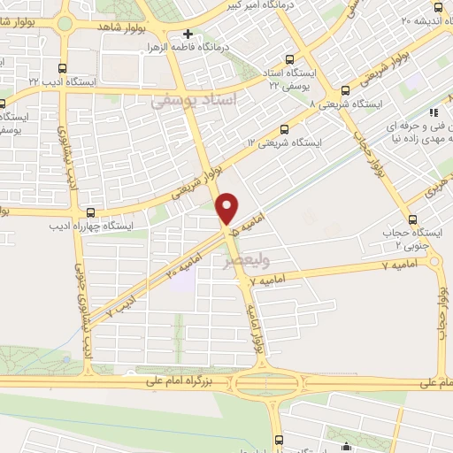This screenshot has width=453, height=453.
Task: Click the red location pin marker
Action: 227,208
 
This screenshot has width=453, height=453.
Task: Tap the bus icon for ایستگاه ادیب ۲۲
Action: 61,67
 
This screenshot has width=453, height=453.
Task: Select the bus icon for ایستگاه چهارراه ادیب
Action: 91,212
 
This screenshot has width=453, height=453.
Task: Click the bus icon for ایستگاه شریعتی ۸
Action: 343,89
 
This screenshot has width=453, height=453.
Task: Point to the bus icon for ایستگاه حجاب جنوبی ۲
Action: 412,219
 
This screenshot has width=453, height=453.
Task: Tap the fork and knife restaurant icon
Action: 434,112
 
